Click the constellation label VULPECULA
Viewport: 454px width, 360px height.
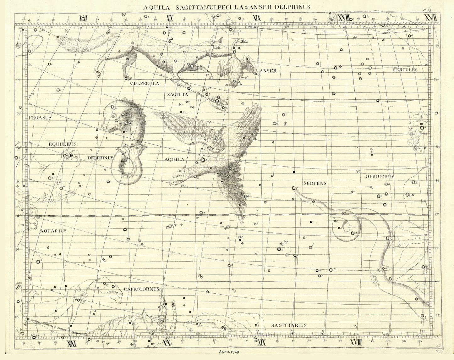144,84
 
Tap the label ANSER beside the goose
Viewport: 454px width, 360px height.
268,71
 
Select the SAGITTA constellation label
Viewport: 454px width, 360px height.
178,94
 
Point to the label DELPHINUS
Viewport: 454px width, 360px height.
100,158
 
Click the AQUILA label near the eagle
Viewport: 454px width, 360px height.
174,159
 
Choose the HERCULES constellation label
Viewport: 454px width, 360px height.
405,70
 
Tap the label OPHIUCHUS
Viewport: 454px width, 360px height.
380,177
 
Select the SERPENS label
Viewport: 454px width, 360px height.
315,183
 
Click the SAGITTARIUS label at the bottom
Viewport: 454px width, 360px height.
289,325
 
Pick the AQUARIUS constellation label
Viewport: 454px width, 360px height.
53,231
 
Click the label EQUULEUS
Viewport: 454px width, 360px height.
63,144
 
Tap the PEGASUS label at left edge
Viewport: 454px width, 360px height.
40,118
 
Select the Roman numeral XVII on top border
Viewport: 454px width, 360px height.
430,18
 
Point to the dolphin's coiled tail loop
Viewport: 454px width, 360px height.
128,167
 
